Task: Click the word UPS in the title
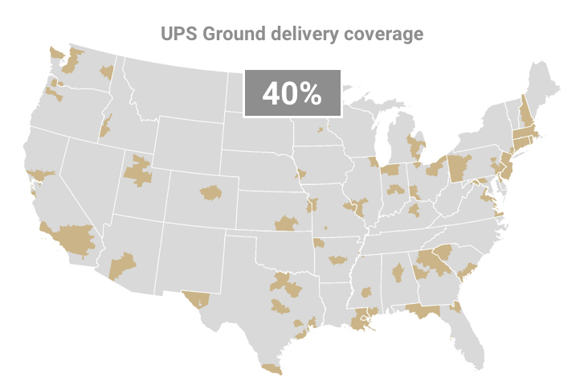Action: coord(178,35)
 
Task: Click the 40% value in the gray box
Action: coord(292,93)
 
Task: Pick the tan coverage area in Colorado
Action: coord(210,191)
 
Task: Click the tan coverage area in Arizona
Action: coord(122,265)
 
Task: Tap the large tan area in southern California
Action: coord(74,238)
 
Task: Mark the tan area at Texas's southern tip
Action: coord(272,368)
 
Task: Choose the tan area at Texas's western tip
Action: coord(196,300)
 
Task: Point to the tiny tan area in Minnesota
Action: coord(320,129)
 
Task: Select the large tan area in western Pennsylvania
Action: coord(459,168)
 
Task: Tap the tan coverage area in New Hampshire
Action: coord(524,110)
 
